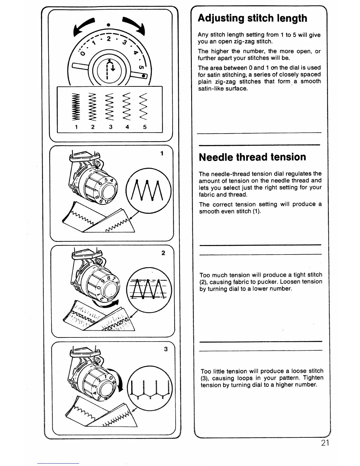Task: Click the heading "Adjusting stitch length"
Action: pyautogui.click(x=252, y=18)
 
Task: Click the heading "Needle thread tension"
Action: pyautogui.click(x=252, y=157)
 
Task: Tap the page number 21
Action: pyautogui.click(x=325, y=443)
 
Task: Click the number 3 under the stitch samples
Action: pyautogui.click(x=111, y=127)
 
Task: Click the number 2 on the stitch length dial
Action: pyautogui.click(x=108, y=39)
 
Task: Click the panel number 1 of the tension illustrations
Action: pyautogui.click(x=162, y=153)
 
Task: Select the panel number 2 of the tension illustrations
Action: pyautogui.click(x=163, y=253)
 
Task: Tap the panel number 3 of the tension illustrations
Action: pyautogui.click(x=166, y=349)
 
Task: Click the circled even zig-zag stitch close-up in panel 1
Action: pyautogui.click(x=149, y=190)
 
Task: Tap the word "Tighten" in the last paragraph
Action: pyautogui.click(x=313, y=378)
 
